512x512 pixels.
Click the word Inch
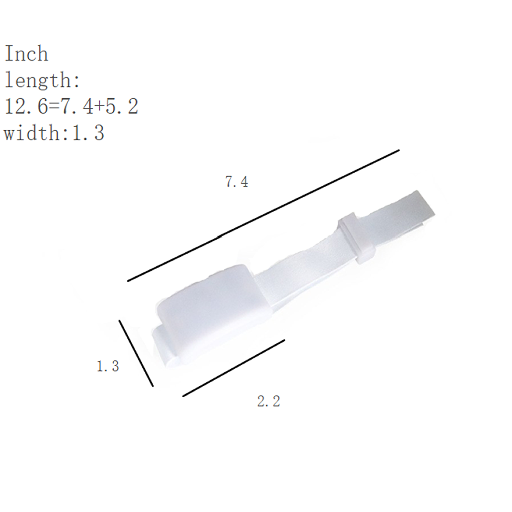[26, 54]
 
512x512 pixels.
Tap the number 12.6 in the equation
[26, 106]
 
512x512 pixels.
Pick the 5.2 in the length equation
[121, 106]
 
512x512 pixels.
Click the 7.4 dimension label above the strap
[237, 182]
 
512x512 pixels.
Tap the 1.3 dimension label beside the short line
[108, 366]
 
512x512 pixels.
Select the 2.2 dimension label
[269, 401]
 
